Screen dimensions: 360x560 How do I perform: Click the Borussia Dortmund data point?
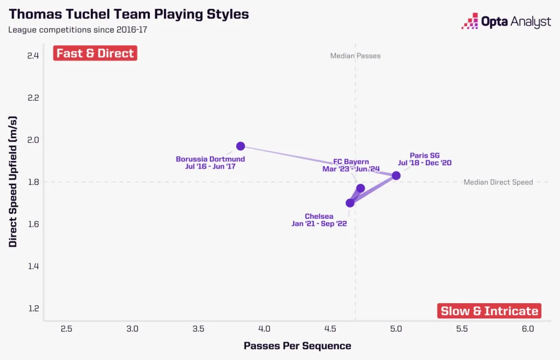pos(240,146)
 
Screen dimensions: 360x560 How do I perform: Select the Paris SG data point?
pos(396,176)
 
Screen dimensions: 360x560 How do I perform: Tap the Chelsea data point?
pos(350,203)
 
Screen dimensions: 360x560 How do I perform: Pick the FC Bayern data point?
pos(360,188)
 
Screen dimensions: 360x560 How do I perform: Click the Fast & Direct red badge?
pos(95,54)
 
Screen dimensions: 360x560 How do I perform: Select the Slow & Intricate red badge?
pos(489,311)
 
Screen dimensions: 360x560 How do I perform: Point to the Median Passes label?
pos(355,56)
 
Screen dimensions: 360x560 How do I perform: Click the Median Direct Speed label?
pos(498,182)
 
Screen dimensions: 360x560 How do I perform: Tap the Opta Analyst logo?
pos(506,21)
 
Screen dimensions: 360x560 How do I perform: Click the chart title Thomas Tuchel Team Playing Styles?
pos(129,14)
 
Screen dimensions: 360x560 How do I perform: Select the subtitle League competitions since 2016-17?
pos(77,29)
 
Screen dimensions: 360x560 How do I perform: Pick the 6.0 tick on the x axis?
pos(528,329)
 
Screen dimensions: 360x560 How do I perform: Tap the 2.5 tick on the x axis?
pos(67,329)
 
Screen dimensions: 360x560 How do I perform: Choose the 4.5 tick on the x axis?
pos(330,329)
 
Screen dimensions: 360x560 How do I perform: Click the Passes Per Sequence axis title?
pos(297,346)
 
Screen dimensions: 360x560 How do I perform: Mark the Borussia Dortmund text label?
pos(210,159)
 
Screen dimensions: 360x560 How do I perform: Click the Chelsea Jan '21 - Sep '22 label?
pos(319,220)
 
